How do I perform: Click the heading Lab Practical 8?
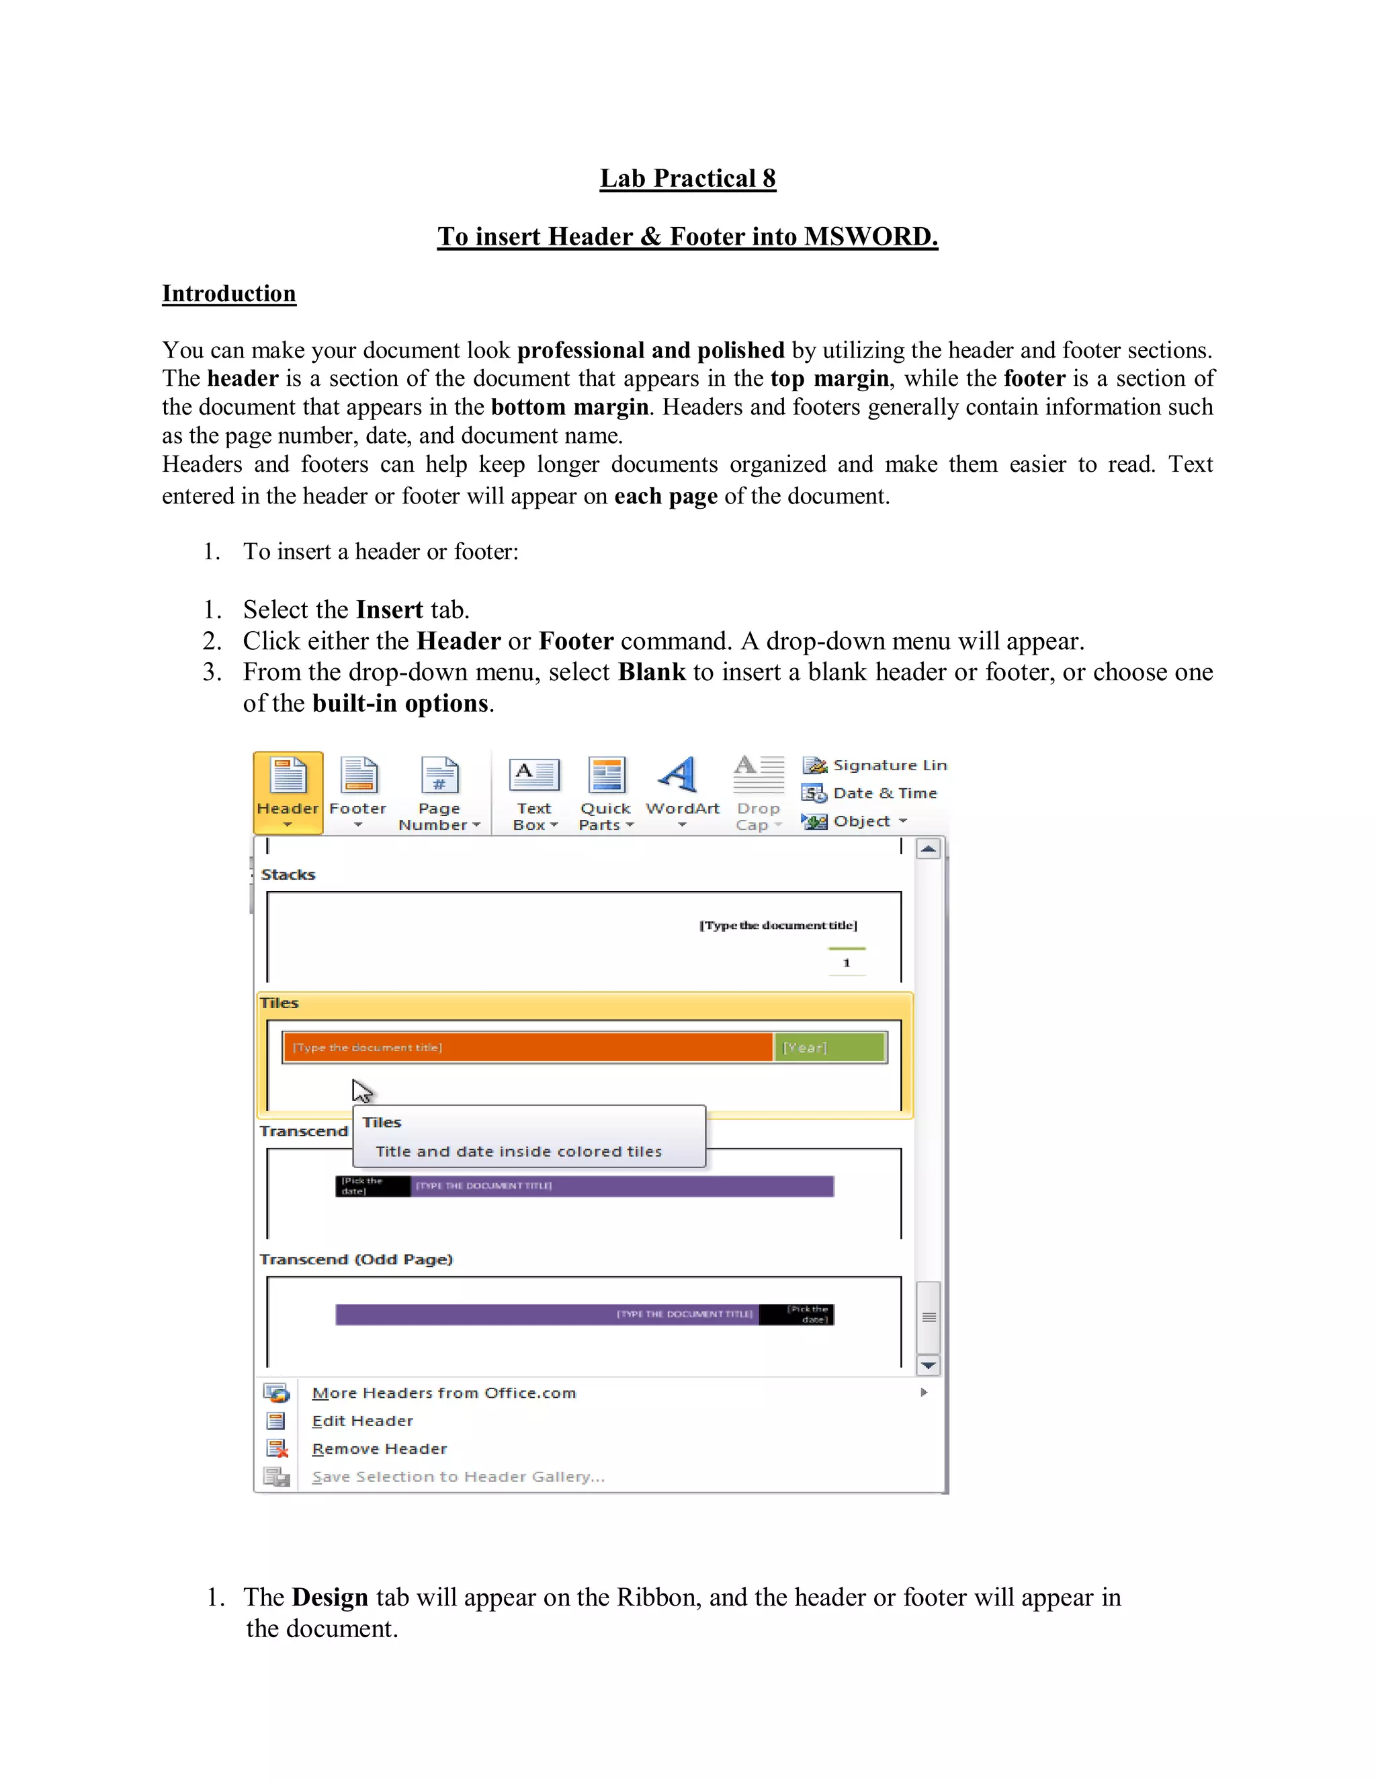tap(687, 179)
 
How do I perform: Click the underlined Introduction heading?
tap(228, 294)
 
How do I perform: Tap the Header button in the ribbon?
tap(288, 791)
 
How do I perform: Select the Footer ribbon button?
tap(358, 791)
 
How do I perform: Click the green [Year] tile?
tap(829, 1047)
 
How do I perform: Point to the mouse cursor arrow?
tap(361, 1090)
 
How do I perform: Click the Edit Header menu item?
tap(362, 1421)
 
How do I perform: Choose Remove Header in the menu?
tap(379, 1448)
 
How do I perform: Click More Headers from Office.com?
tap(443, 1393)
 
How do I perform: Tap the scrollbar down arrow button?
tap(929, 1365)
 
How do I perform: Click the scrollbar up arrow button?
tap(929, 849)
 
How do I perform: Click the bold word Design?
tap(329, 1597)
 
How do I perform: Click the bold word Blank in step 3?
tap(651, 672)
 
